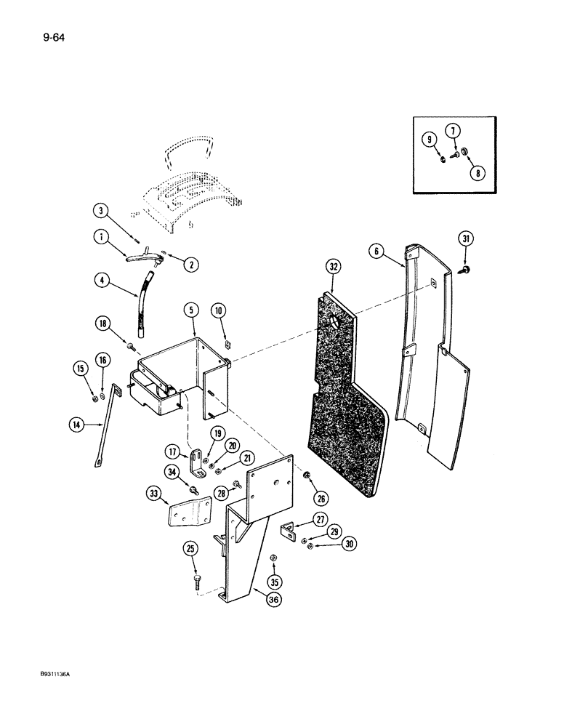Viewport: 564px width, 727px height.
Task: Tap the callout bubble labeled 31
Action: (465, 238)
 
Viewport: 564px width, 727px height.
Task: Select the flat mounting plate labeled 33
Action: (188, 514)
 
